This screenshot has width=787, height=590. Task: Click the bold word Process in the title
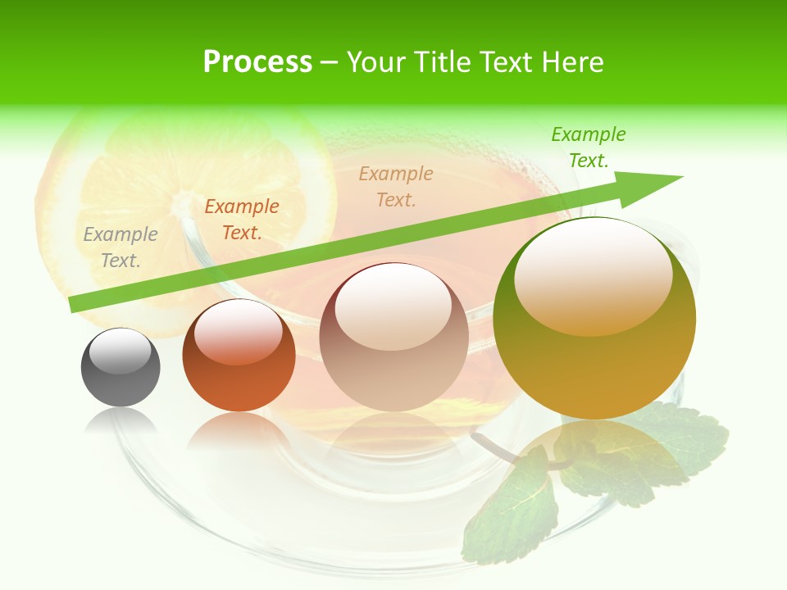pyautogui.click(x=257, y=61)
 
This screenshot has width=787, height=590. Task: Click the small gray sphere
pyautogui.click(x=121, y=368)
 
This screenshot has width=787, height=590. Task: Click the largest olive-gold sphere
pyautogui.click(x=594, y=320)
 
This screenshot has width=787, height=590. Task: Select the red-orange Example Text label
pyautogui.click(x=242, y=220)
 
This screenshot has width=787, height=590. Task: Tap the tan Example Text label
pyautogui.click(x=396, y=186)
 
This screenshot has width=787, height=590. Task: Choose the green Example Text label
pyautogui.click(x=589, y=147)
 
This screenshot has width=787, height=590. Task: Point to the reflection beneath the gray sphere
pyautogui.click(x=121, y=421)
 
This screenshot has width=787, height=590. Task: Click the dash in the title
pyautogui.click(x=330, y=63)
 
